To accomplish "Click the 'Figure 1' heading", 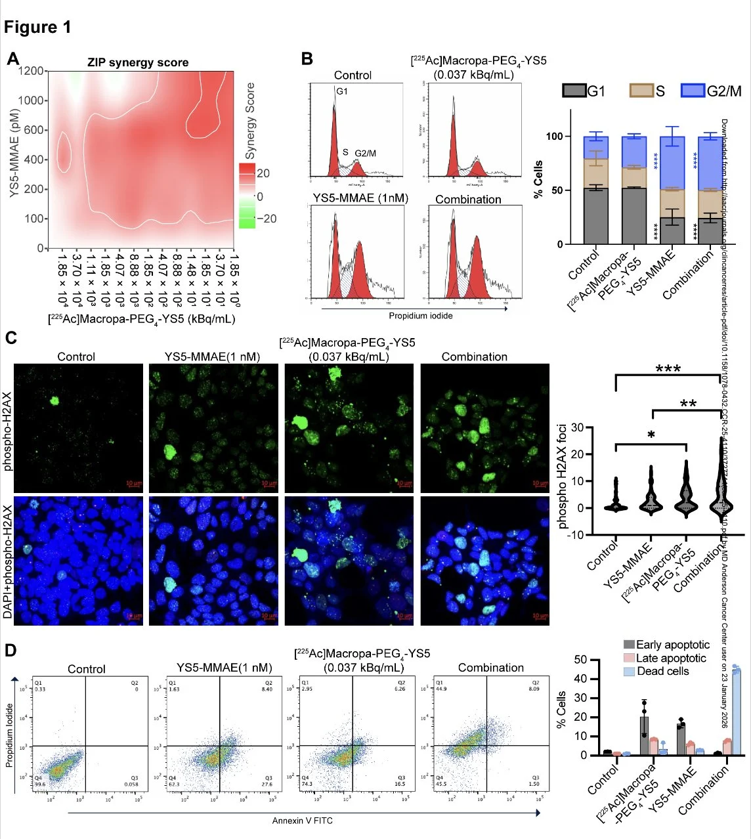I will [x=37, y=27].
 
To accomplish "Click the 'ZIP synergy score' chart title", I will [x=138, y=63].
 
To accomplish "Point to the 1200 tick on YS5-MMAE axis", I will [x=32, y=71].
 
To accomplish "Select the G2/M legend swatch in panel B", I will [x=693, y=91].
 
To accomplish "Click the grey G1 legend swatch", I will [x=574, y=91].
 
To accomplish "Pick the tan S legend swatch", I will [x=641, y=91].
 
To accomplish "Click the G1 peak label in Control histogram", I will [x=342, y=91].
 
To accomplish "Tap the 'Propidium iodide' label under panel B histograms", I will [x=420, y=316].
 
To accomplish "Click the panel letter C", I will [x=11, y=338].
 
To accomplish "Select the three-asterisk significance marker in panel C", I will [x=668, y=369].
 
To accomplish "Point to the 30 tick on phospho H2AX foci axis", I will [x=577, y=427].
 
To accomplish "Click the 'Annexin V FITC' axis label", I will [x=303, y=821].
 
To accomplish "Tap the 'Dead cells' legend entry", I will [x=663, y=671].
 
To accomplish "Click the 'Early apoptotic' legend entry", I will [x=672, y=645].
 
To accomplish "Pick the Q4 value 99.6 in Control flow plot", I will [x=41, y=784].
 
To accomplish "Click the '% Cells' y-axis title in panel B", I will [x=538, y=179].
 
